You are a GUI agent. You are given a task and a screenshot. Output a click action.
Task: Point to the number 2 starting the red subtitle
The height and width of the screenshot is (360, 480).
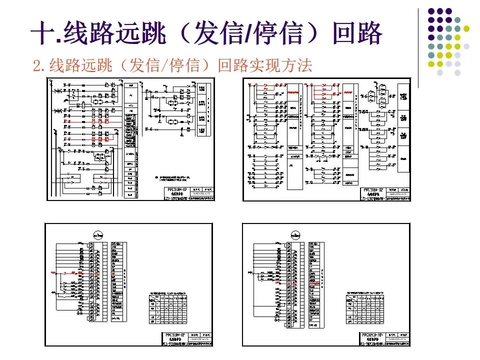coord(36,65)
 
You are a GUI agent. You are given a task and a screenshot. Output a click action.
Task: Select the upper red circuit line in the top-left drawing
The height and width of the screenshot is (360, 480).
coord(92,121)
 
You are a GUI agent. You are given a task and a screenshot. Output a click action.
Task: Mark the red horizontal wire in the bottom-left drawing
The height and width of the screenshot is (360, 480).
coord(65,273)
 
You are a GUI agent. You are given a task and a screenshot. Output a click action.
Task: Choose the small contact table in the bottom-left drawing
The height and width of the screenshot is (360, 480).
coord(168,307)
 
